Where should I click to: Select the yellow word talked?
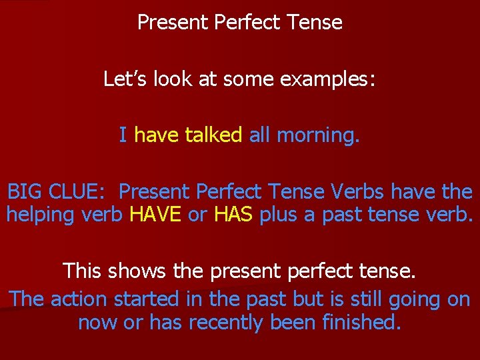(213, 135)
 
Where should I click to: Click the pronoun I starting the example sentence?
(123, 135)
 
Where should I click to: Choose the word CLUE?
(77, 192)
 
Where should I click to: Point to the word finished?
(361, 322)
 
